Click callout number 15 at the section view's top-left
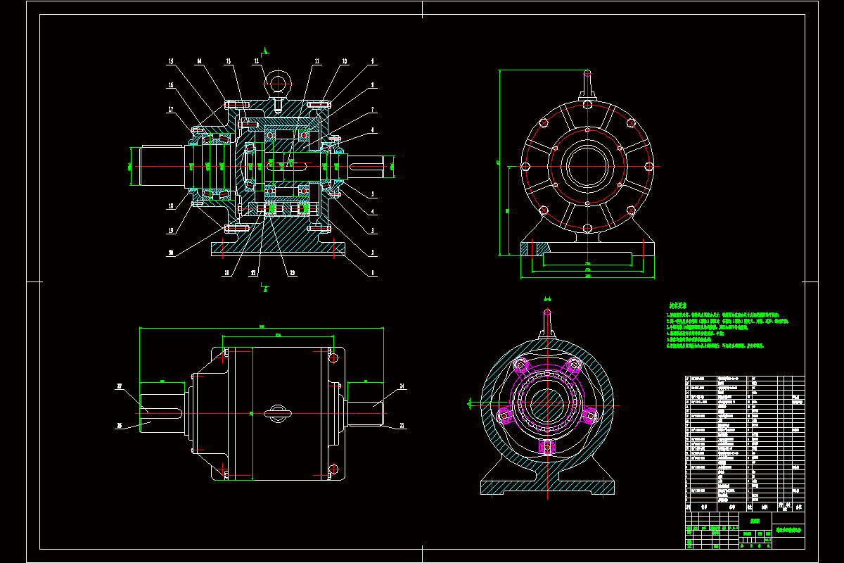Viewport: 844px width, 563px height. [171, 62]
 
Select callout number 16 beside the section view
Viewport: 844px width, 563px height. [171, 85]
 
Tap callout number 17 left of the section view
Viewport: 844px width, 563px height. [171, 109]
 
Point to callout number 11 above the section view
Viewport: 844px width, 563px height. [317, 62]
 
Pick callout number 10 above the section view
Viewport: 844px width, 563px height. [345, 62]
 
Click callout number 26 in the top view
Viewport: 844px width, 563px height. [120, 425]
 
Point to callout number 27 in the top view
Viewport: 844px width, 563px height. [120, 386]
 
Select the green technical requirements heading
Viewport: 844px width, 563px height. [677, 306]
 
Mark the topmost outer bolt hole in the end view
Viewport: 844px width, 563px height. [586, 103]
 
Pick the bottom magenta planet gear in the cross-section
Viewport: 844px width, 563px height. [546, 446]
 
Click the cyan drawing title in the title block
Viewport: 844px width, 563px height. [788, 530]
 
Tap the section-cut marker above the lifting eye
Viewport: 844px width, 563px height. [265, 51]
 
